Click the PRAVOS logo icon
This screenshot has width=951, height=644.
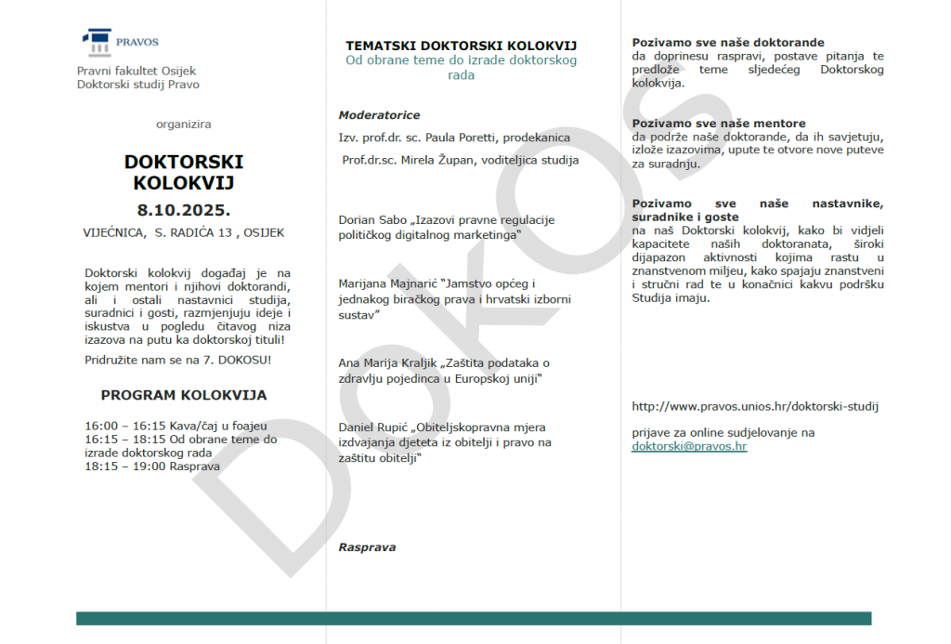(96, 43)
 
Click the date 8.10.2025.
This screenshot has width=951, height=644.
(184, 207)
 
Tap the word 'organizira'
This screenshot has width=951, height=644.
(184, 124)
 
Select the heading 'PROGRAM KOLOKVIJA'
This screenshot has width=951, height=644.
(184, 395)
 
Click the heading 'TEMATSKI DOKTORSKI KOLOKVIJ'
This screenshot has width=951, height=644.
(462, 45)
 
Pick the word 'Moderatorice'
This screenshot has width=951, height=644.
(379, 115)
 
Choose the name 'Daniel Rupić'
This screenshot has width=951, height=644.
(373, 427)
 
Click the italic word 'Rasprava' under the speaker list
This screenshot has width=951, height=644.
(367, 547)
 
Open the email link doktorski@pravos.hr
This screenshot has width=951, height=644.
(689, 446)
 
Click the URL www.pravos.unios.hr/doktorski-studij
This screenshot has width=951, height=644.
(755, 406)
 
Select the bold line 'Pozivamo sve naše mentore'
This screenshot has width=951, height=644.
(719, 124)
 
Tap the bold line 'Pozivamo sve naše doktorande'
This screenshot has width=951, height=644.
(728, 43)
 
